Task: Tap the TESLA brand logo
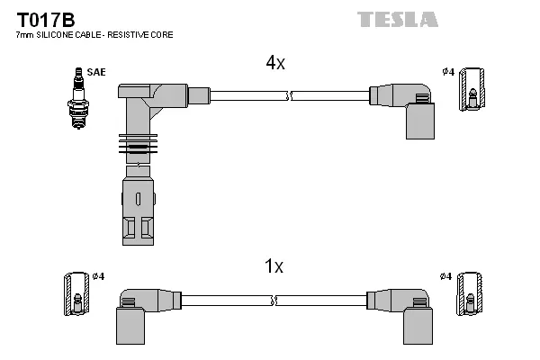[397, 19]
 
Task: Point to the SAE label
[95, 71]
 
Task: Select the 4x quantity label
[274, 63]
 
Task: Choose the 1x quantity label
[274, 266]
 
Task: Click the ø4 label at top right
[447, 71]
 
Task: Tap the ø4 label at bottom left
[99, 275]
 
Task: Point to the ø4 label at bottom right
[445, 275]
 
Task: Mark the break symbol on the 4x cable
[289, 94]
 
